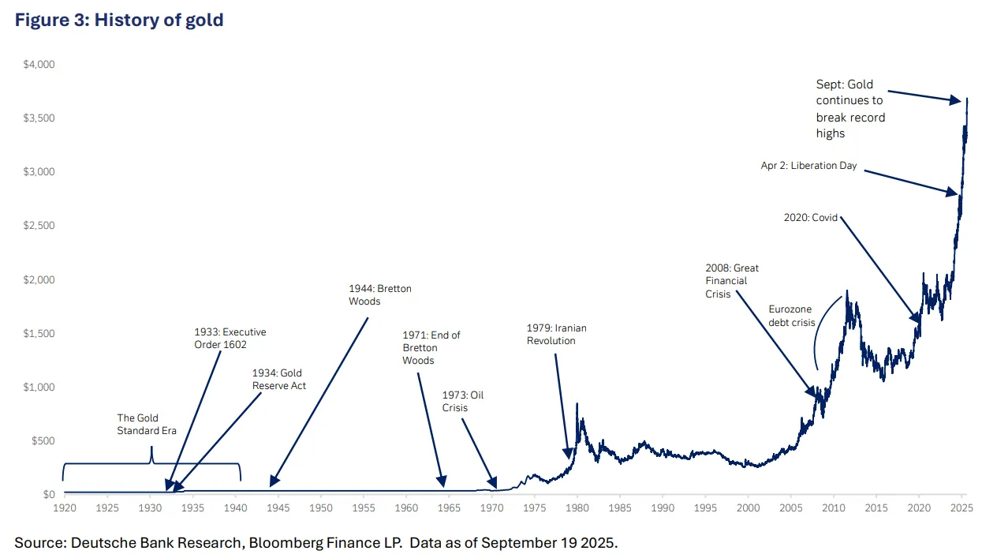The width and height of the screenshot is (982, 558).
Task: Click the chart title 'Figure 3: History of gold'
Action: pos(119,21)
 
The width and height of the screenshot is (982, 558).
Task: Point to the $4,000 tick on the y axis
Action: pos(39,65)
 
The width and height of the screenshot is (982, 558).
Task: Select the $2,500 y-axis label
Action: pos(39,226)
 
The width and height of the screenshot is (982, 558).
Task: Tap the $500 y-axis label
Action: pos(43,441)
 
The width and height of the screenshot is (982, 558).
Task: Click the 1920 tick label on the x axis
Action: pos(65,508)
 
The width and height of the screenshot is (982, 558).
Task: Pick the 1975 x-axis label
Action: pos(535,508)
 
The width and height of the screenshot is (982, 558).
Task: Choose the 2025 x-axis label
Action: pos(961,508)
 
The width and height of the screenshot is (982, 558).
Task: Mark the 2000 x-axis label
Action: pos(748,508)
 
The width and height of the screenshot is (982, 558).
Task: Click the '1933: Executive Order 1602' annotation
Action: pos(230,339)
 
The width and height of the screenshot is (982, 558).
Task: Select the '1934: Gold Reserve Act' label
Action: pos(278,379)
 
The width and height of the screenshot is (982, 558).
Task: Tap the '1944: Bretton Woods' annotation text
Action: pos(380,295)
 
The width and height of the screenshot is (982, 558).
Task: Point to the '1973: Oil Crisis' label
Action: pos(463,402)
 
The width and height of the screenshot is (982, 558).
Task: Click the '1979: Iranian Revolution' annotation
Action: pos(556,335)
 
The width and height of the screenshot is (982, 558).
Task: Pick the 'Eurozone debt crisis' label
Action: pos(792,316)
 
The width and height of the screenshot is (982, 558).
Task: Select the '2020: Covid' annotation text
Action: pos(811,218)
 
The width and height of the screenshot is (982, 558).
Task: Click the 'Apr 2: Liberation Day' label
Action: pos(808,166)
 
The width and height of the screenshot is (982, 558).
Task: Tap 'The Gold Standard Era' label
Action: pos(147,424)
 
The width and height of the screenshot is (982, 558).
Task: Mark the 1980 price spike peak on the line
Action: pos(577,403)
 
